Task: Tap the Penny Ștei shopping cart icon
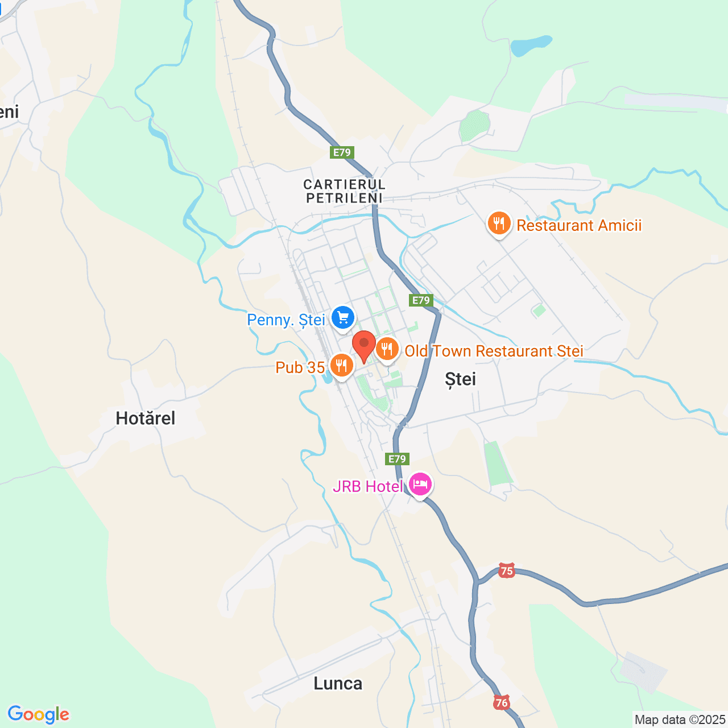[x=342, y=317]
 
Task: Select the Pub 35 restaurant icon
[x=341, y=366]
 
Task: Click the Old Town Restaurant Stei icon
[x=387, y=349]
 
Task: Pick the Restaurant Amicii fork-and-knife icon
[x=499, y=224]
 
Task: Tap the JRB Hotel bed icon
[x=420, y=485]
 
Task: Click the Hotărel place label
[x=146, y=419]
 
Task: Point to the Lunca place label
[x=338, y=684]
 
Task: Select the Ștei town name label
[x=460, y=379]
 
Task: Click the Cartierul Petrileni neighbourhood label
[x=344, y=191]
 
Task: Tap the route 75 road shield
[x=507, y=570]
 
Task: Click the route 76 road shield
[x=501, y=702]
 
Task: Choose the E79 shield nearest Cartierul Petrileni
[x=342, y=152]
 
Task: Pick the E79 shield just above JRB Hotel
[x=396, y=459]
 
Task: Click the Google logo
[x=39, y=714]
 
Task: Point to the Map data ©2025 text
[x=680, y=719]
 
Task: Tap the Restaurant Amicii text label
[x=579, y=225]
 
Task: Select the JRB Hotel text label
[x=367, y=486]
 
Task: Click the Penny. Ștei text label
[x=286, y=320]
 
